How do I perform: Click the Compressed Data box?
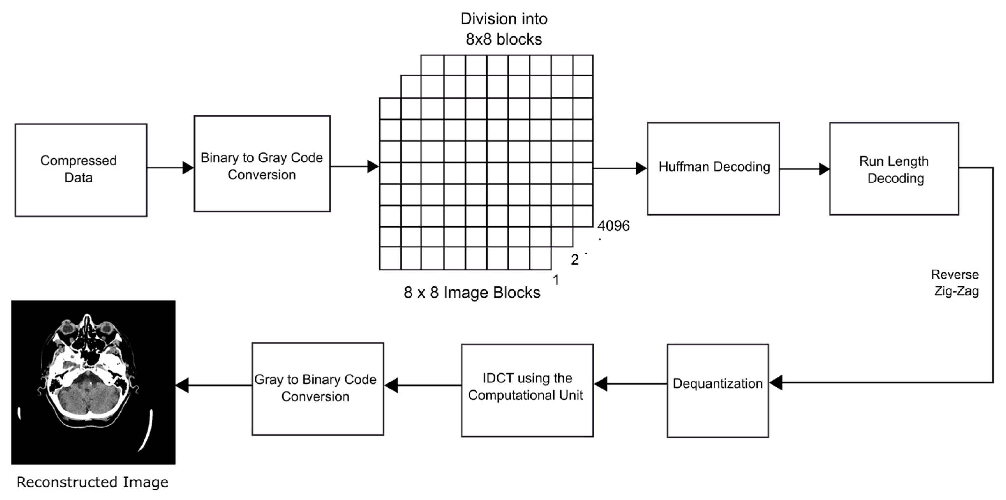point(81,170)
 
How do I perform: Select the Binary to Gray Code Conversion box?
point(262,164)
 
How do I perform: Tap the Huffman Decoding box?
point(713,168)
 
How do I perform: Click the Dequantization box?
point(717,390)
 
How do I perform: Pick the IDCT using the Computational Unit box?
point(527,390)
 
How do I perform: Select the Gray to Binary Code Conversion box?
point(317,389)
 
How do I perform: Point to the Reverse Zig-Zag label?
point(955,283)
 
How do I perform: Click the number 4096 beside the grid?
point(613,226)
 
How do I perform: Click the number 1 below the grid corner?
point(556,280)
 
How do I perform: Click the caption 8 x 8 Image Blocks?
point(472,292)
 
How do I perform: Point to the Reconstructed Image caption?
point(92,482)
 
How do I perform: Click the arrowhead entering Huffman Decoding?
point(641,168)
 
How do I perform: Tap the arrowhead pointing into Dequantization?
point(776,382)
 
